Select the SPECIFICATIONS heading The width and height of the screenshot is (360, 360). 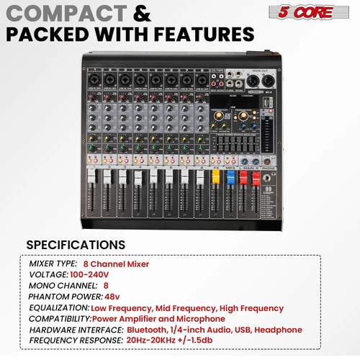pyautogui.click(x=76, y=244)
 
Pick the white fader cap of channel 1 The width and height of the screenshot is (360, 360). pyautogui.click(x=91, y=178)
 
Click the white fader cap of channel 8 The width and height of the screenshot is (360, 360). pyautogui.click(x=200, y=178)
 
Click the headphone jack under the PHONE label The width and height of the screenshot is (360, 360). pyautogui.click(x=269, y=178)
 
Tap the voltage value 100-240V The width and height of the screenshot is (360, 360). pyautogui.click(x=90, y=274)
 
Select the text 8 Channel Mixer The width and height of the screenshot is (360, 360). pyautogui.click(x=116, y=264)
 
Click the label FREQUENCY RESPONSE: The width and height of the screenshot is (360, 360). pyautogui.click(x=72, y=339)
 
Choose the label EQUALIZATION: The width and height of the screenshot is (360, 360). pyautogui.click(x=58, y=307)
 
